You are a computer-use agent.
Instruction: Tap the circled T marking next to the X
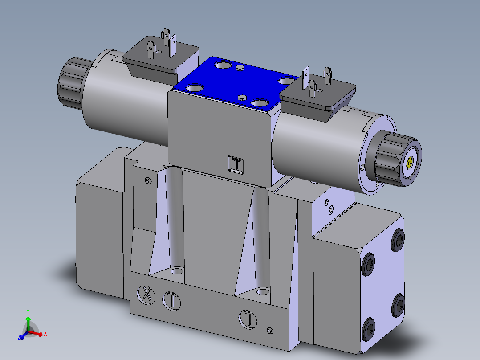(171, 300)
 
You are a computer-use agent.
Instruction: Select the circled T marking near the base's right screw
(248, 319)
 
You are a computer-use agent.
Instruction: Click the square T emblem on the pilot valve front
(236, 164)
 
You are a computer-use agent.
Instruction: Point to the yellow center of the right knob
(409, 164)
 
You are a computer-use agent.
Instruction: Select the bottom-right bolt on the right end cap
(399, 305)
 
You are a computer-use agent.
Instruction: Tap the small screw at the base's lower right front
(268, 330)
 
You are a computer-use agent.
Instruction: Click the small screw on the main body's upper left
(148, 180)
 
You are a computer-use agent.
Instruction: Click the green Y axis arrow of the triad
(28, 319)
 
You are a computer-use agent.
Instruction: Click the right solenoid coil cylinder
(321, 147)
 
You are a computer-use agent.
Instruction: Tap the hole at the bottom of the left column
(177, 271)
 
